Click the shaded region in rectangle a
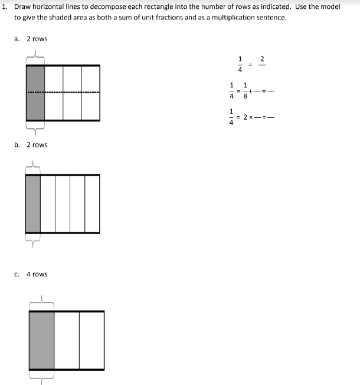pos(35,93)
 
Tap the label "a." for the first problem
pos(17,39)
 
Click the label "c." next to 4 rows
pos(17,274)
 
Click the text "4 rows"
pos(37,274)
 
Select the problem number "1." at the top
pos(5,6)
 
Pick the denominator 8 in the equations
pos(246,97)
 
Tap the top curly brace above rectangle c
pos(41,304)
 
